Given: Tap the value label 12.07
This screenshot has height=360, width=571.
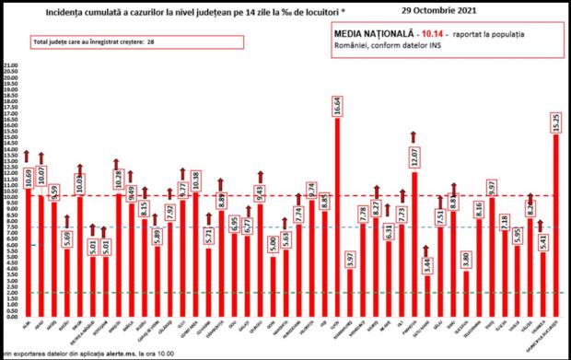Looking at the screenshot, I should click(x=414, y=158).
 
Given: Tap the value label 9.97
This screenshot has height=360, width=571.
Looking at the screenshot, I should click(x=492, y=187).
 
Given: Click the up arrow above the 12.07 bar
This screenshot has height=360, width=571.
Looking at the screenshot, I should click(x=414, y=137).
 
